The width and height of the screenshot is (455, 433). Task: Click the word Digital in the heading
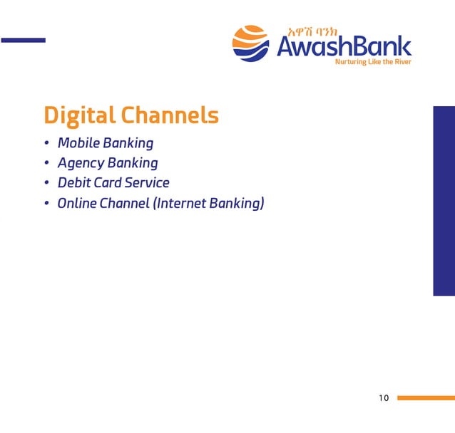pyautogui.click(x=79, y=115)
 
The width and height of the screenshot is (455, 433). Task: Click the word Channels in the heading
pyautogui.click(x=170, y=115)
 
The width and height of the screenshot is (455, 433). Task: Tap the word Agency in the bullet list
pyautogui.click(x=81, y=164)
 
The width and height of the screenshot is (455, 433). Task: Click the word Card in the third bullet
pyautogui.click(x=108, y=183)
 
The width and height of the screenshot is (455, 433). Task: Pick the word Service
pyautogui.click(x=147, y=183)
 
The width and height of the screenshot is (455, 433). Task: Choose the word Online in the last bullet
pyautogui.click(x=77, y=203)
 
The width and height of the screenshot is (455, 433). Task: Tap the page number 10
pyautogui.click(x=384, y=398)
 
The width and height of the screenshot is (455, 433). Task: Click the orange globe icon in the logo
pyautogui.click(x=250, y=43)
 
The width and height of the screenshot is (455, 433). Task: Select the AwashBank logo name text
pyautogui.click(x=344, y=47)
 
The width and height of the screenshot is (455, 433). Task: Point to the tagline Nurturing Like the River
pyautogui.click(x=373, y=62)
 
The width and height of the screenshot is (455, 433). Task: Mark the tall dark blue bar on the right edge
pyautogui.click(x=444, y=201)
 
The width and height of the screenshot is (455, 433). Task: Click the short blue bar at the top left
pyautogui.click(x=23, y=40)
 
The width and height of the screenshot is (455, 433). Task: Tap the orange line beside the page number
pyautogui.click(x=426, y=398)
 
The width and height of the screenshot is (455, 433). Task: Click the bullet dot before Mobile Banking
pyautogui.click(x=46, y=145)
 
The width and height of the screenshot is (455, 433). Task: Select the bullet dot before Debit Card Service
pyautogui.click(x=46, y=184)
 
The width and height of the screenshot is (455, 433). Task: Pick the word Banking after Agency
pyautogui.click(x=133, y=164)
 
